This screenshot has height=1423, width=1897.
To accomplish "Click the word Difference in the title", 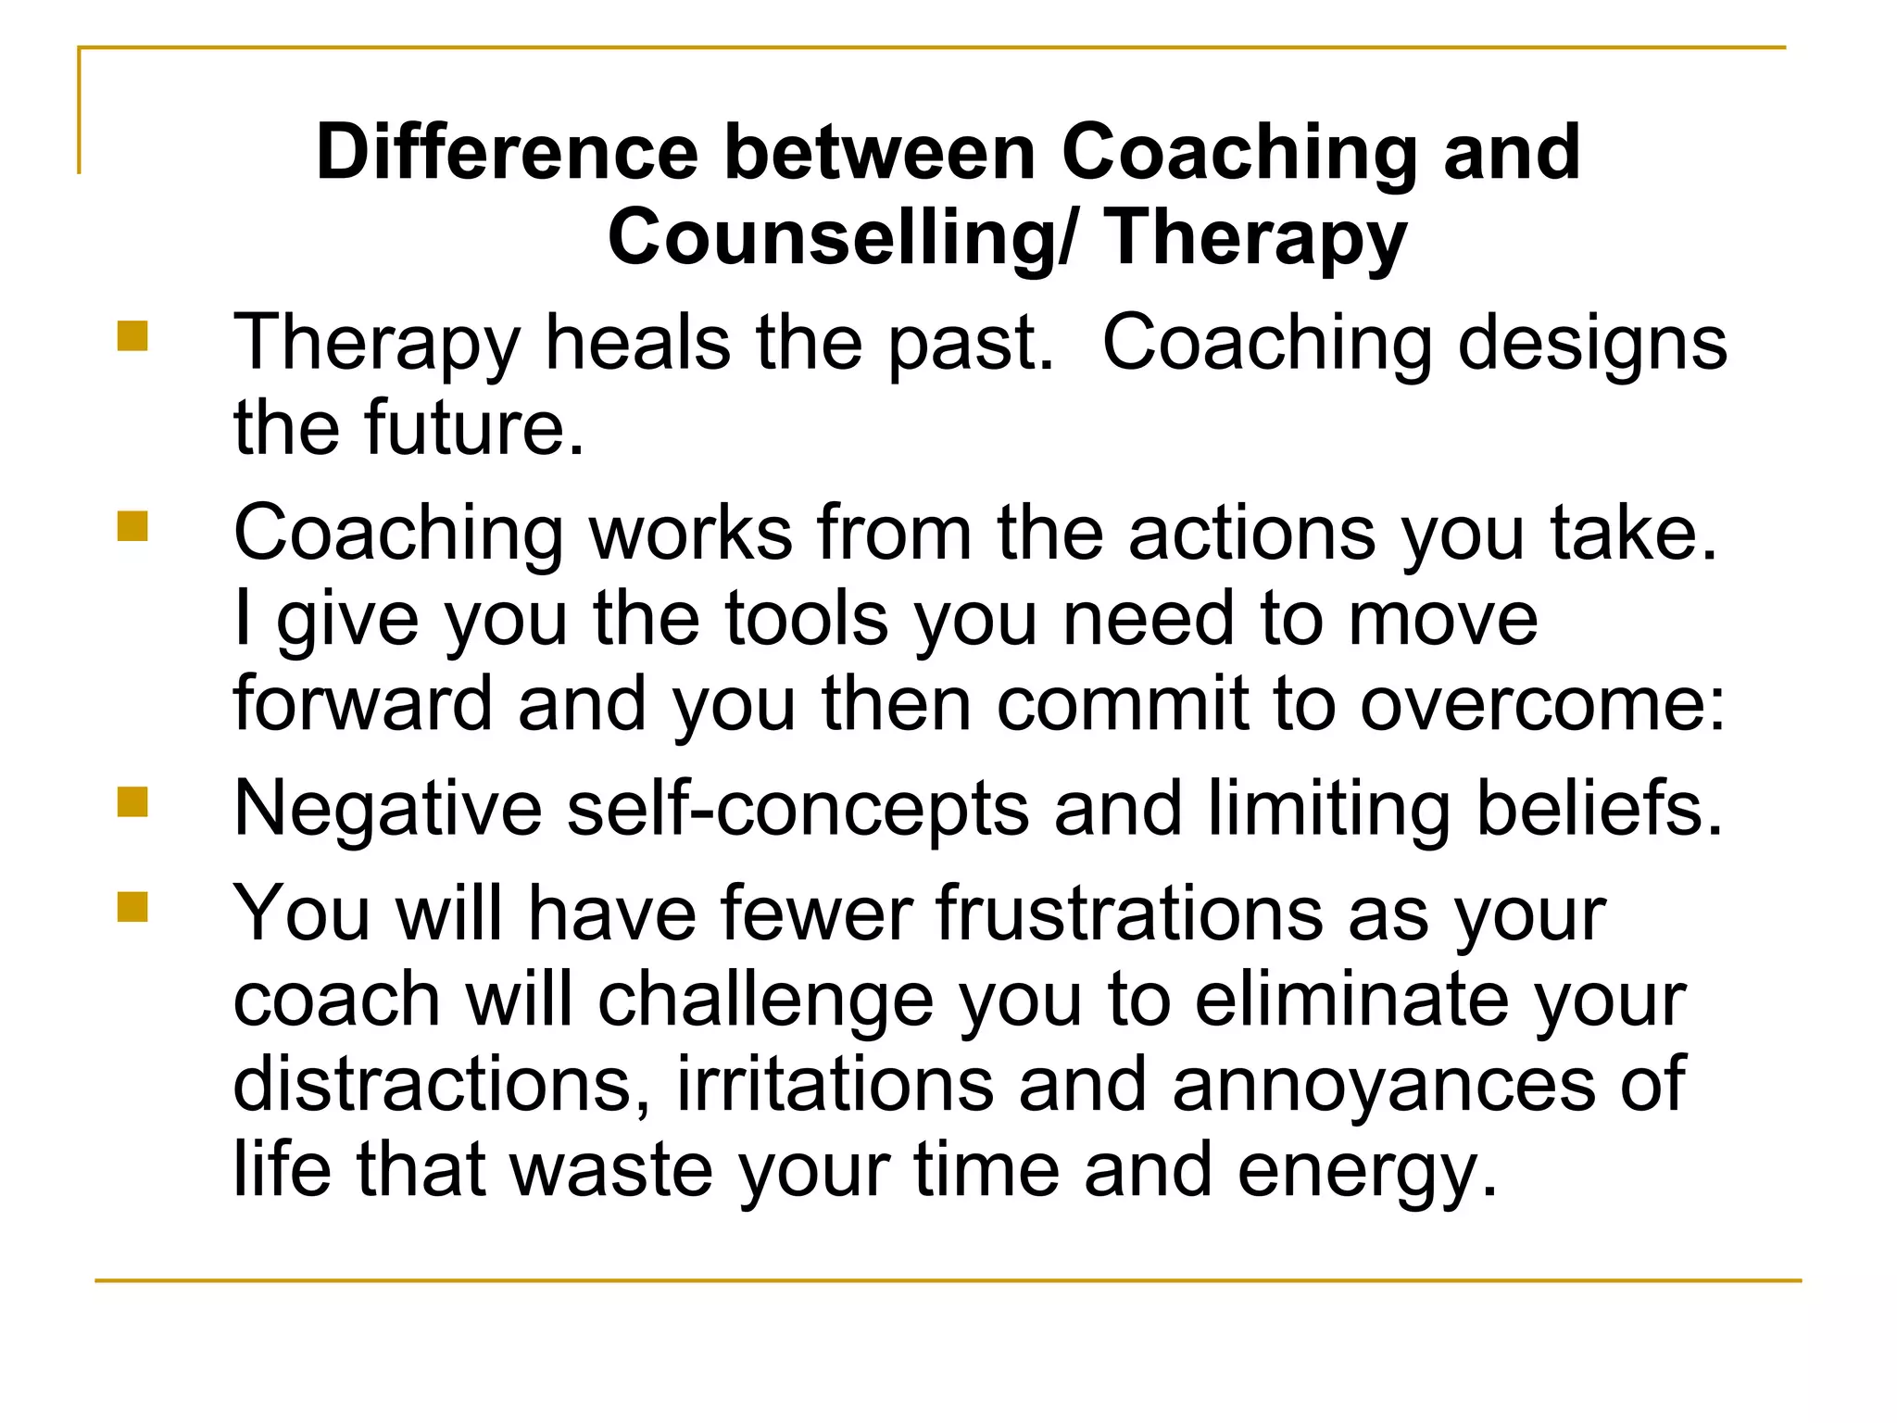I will pos(507,153).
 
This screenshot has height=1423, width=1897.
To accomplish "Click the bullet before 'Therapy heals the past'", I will pos(132,335).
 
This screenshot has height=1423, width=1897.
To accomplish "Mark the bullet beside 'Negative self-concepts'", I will pos(132,801).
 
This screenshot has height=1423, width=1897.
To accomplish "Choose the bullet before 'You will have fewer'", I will pos(132,907).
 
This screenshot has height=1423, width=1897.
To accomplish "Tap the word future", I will pos(474,428).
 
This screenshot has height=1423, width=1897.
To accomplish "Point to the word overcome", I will pos(1541,704).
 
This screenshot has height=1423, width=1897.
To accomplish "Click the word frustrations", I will pos(1130,914).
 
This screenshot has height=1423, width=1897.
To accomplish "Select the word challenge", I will pos(765,1001).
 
